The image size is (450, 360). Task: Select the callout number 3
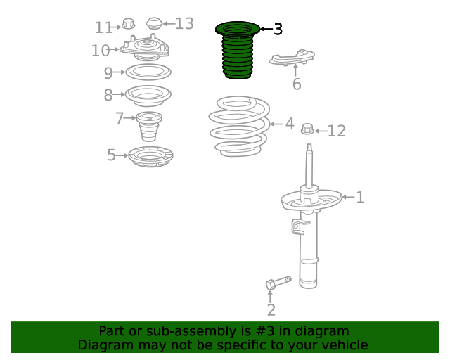pyautogui.click(x=278, y=30)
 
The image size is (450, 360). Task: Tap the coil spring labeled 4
pyautogui.click(x=239, y=127)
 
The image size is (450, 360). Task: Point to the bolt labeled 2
pyautogui.click(x=278, y=283)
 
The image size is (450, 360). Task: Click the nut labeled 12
pyautogui.click(x=307, y=129)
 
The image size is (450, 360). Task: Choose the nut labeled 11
pyautogui.click(x=128, y=24)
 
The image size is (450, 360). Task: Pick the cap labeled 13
pyautogui.click(x=154, y=23)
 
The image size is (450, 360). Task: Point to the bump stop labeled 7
pyautogui.click(x=149, y=127)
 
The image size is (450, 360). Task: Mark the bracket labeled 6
pyautogui.click(x=292, y=58)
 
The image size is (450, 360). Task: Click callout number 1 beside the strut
pyautogui.click(x=360, y=198)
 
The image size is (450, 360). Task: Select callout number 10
pyautogui.click(x=101, y=51)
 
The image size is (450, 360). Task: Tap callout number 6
pyautogui.click(x=297, y=84)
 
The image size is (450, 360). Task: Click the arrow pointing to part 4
pyautogui.click(x=276, y=124)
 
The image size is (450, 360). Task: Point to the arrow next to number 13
pyautogui.click(x=169, y=23)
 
